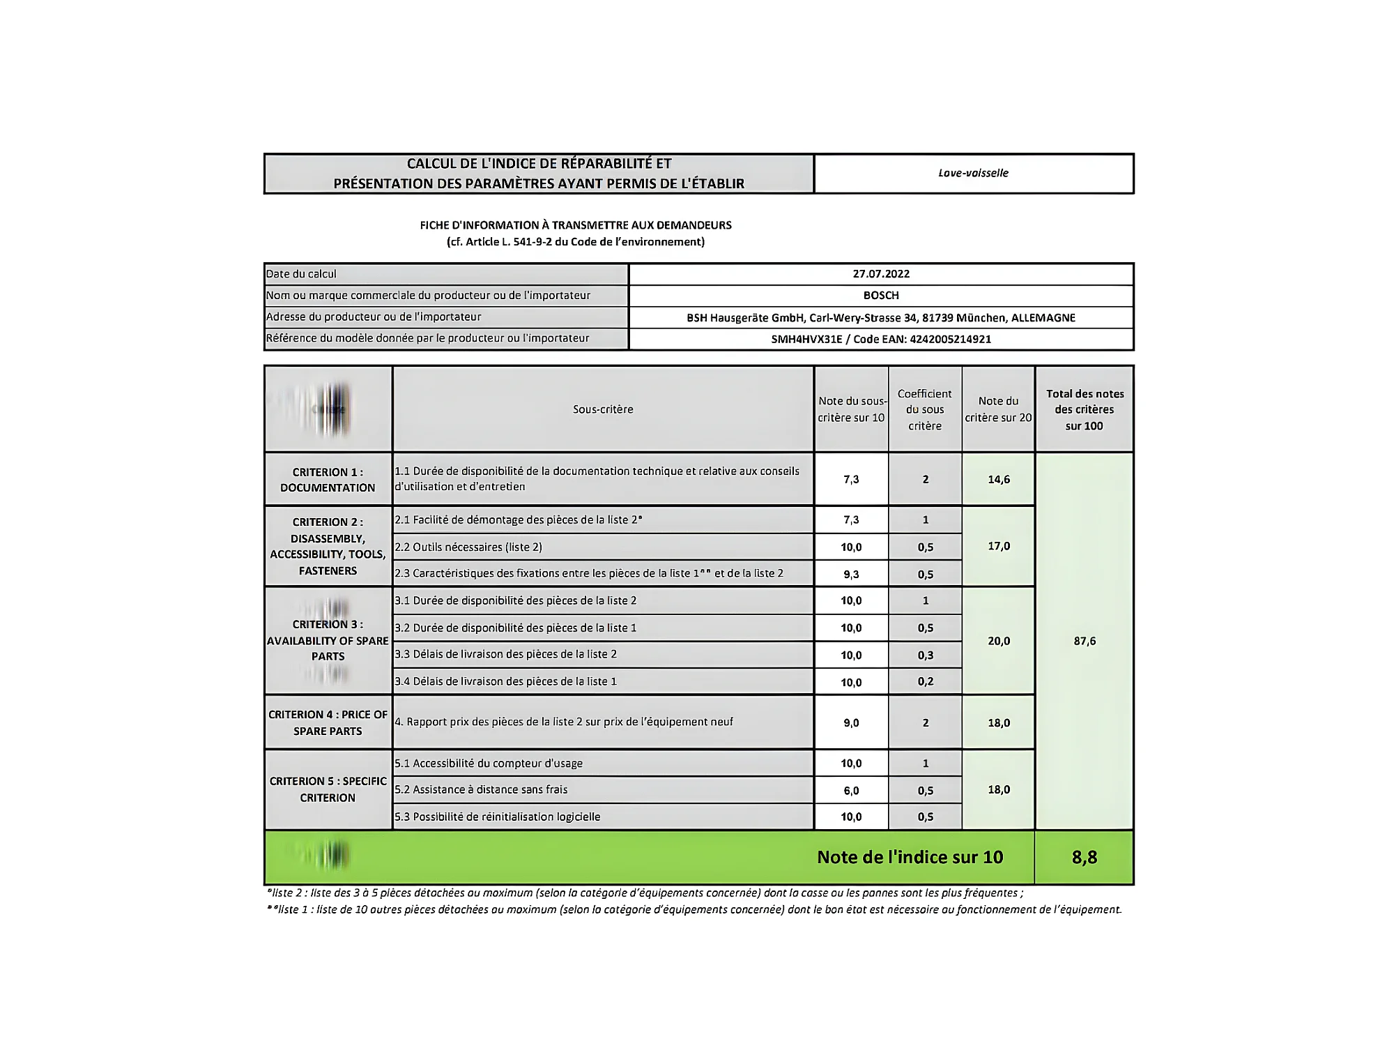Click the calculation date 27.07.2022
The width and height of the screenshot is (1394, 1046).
point(881,274)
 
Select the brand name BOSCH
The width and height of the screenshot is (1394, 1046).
point(881,296)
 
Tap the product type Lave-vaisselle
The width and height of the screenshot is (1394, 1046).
point(973,173)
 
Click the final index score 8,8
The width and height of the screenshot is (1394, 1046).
point(1085,857)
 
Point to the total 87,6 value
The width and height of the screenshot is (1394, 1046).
point(1085,641)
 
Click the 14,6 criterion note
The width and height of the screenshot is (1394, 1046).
point(998,479)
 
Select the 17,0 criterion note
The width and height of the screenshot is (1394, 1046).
point(998,546)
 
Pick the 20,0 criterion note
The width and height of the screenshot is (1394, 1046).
point(998,641)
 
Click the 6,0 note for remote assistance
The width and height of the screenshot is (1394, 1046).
point(851,790)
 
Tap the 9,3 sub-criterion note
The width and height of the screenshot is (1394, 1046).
point(851,574)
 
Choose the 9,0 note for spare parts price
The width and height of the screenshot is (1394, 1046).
point(851,722)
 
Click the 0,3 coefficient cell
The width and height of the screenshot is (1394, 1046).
point(925,655)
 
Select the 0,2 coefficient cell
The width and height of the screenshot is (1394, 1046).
point(925,681)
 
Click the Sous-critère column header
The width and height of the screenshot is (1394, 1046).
point(603,409)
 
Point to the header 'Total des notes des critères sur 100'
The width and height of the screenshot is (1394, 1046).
point(1085,409)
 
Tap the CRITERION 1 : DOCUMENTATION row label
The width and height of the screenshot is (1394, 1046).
point(328,480)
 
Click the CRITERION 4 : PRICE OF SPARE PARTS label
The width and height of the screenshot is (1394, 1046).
point(328,722)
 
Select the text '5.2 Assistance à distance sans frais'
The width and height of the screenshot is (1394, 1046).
point(481,789)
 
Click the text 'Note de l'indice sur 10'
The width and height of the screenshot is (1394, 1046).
point(910,857)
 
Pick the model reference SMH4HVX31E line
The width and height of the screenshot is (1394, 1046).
point(881,339)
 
